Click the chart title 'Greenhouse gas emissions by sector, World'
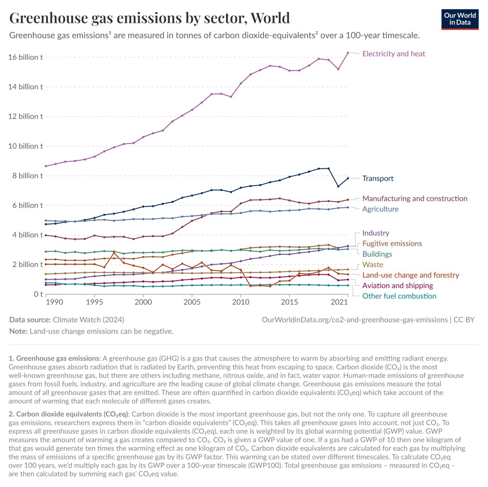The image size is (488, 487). (x=150, y=18)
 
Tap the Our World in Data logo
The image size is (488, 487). (x=459, y=19)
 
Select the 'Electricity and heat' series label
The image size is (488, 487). (x=394, y=54)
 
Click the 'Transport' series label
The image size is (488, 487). (x=378, y=178)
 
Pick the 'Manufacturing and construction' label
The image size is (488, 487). (x=415, y=198)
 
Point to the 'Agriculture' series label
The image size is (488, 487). (x=380, y=209)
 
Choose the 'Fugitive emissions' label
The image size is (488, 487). (x=392, y=244)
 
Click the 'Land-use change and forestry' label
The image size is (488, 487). (x=410, y=275)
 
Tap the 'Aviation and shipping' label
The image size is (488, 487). (x=397, y=286)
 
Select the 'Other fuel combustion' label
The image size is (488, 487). (x=399, y=296)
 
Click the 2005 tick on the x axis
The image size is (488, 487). (x=192, y=303)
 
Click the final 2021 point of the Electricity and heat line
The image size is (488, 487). (x=348, y=53)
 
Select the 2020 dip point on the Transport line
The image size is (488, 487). (x=338, y=186)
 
